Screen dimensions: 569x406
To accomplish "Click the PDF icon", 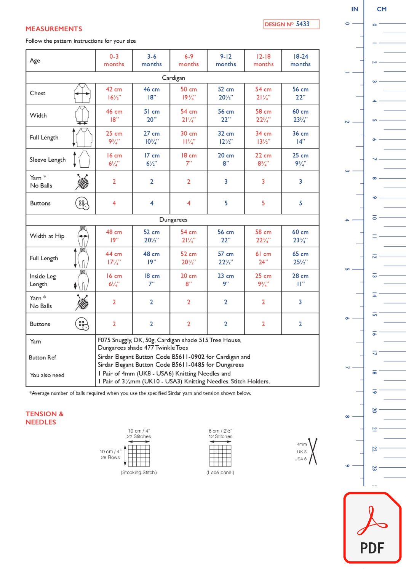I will click(372, 528).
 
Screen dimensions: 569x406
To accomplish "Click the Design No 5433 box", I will click(291, 24).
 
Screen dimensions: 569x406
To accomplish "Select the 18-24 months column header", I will click(301, 60).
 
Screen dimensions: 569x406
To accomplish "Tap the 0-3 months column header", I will click(114, 60).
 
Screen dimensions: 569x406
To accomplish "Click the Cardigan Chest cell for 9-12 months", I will click(226, 93).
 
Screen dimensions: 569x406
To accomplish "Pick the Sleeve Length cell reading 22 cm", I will click(263, 160).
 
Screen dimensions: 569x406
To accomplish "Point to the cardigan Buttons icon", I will click(82, 204).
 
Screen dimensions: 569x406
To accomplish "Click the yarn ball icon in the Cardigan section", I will click(82, 182).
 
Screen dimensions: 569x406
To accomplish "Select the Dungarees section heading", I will click(173, 220).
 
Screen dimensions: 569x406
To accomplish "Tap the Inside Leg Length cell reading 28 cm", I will click(301, 280).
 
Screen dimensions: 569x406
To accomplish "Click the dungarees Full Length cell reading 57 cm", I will click(226, 258).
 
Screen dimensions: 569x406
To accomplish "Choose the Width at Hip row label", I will click(47, 236).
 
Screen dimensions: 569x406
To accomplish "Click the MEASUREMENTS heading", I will click(54, 29).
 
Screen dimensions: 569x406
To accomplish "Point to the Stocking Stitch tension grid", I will click(139, 455).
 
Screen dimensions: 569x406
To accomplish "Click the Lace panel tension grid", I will click(220, 455).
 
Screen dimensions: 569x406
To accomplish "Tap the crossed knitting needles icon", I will click(313, 452).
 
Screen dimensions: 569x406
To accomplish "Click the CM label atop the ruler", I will click(381, 9).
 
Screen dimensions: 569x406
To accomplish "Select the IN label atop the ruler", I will click(355, 9).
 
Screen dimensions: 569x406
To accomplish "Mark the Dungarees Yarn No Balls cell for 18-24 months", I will click(301, 302).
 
